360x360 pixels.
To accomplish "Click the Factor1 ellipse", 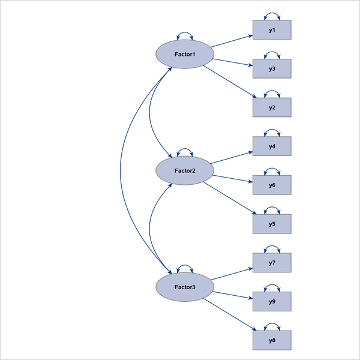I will (x=184, y=55).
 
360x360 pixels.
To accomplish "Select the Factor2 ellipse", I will (x=184, y=171).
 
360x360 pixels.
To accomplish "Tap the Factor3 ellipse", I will (x=184, y=287).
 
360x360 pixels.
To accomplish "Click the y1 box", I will (x=272, y=30).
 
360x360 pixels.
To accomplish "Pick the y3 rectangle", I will (x=272, y=69).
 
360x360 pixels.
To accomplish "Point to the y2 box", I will (x=272, y=107).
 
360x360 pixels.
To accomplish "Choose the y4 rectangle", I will (x=272, y=146).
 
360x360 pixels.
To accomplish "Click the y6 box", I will (x=272, y=185).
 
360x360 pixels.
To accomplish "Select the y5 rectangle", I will (x=272, y=224).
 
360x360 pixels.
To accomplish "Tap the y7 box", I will (x=272, y=263).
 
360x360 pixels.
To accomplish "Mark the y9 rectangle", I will (x=272, y=301).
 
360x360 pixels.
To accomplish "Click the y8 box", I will (x=272, y=340).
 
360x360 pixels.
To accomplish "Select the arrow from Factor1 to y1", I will (x=232, y=41).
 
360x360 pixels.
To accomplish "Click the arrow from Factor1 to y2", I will (x=229, y=81).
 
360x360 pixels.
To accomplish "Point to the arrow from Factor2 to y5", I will (x=229, y=197).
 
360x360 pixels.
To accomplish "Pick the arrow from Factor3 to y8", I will (x=229, y=314).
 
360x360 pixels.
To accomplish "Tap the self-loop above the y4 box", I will (x=272, y=131).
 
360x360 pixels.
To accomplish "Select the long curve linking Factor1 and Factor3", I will (x=121, y=171).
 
